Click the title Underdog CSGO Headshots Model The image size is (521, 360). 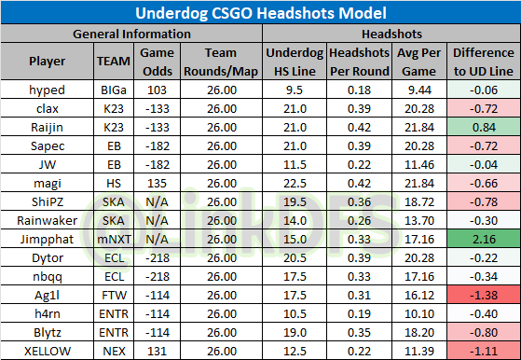coord(260,13)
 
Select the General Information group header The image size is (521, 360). coord(132,34)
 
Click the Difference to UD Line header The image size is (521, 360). coord(483,62)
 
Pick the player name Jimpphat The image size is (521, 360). coord(47,239)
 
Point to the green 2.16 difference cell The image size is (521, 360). coord(483,239)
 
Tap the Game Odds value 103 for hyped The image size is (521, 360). coord(156,91)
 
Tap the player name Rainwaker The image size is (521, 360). coord(47,221)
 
